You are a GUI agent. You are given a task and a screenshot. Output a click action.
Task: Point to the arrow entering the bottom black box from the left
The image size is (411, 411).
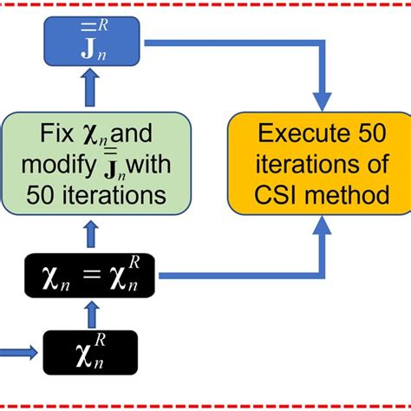point(22,351)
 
